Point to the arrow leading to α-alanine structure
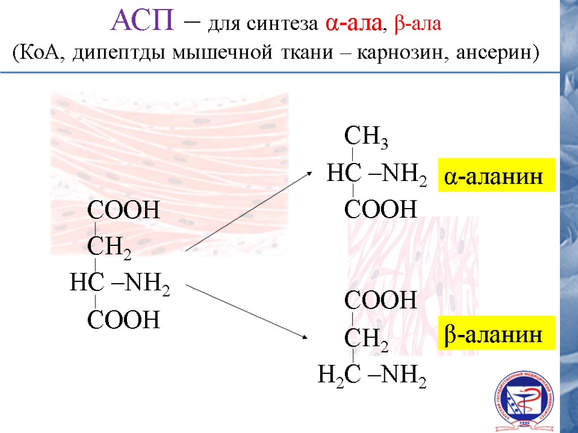point(248,211)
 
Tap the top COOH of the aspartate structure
point(123,211)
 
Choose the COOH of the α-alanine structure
point(380,210)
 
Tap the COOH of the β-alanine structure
point(380,301)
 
